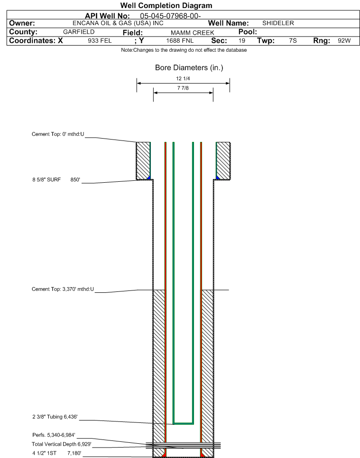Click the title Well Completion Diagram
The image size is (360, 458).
(x=166, y=6)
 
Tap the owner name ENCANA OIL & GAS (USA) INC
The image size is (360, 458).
(x=119, y=23)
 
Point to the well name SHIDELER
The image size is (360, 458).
(x=278, y=23)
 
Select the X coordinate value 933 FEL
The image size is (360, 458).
(x=100, y=41)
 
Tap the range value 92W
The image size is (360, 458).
(x=344, y=41)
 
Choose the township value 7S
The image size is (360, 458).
(x=293, y=41)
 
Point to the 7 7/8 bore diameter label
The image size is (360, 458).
(x=183, y=88)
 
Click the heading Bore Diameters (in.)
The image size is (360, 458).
(x=189, y=68)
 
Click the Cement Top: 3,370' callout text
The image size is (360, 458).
(x=63, y=289)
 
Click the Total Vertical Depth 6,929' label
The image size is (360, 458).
(x=61, y=444)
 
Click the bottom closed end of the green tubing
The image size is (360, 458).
(x=183, y=422)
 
